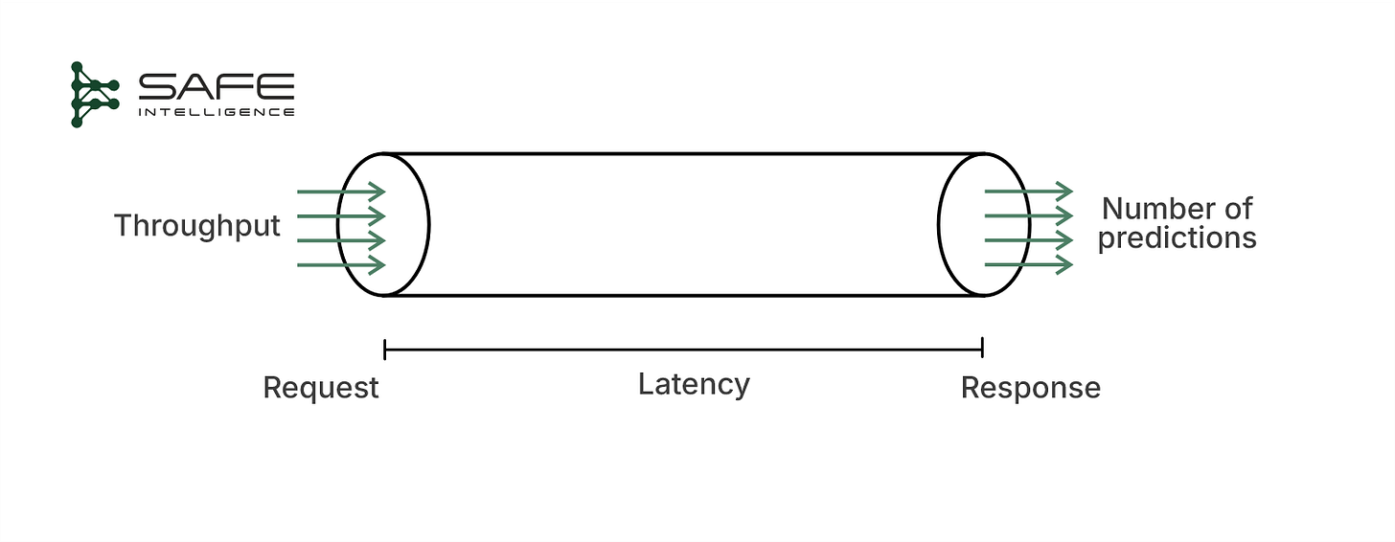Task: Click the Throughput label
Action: coord(196,226)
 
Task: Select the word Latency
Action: coord(694,385)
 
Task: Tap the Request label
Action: coord(321,388)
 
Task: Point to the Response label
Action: coord(1030,388)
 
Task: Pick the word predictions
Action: coord(1177,237)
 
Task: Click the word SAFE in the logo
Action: coord(216,88)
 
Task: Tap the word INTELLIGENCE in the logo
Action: coord(216,112)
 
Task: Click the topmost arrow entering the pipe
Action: coord(341,192)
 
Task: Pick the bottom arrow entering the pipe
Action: coord(341,263)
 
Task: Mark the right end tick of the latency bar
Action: coord(983,348)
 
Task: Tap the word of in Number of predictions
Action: coord(1235,209)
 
